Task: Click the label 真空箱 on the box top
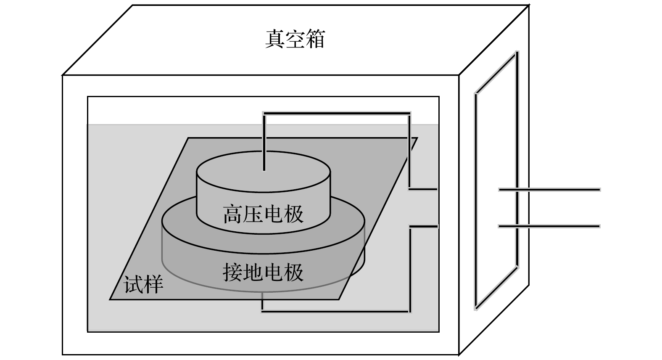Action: [x=295, y=39]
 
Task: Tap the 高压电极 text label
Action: [x=263, y=214]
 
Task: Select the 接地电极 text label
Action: [x=263, y=273]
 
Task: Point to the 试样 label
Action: [x=143, y=285]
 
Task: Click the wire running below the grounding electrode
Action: [x=336, y=311]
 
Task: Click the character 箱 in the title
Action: [x=315, y=39]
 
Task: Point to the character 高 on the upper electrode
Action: [x=232, y=214]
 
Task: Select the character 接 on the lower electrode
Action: [x=232, y=273]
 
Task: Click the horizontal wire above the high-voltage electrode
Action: [x=336, y=113]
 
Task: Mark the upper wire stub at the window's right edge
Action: [x=424, y=189]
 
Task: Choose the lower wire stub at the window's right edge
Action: [x=424, y=226]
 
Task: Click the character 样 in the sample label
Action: [x=153, y=285]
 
